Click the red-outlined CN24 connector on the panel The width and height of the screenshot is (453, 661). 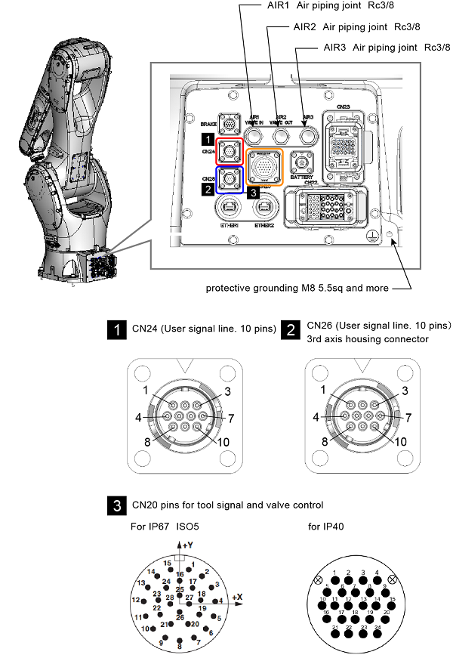pyautogui.click(x=230, y=151)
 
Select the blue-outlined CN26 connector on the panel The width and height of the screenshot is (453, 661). pyautogui.click(x=230, y=180)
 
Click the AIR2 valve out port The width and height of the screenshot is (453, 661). pyautogui.click(x=281, y=134)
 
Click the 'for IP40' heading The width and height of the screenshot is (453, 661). pyautogui.click(x=327, y=526)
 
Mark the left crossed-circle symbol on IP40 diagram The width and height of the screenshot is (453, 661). pyautogui.click(x=319, y=582)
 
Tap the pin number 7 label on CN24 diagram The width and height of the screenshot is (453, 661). pyautogui.click(x=230, y=417)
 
